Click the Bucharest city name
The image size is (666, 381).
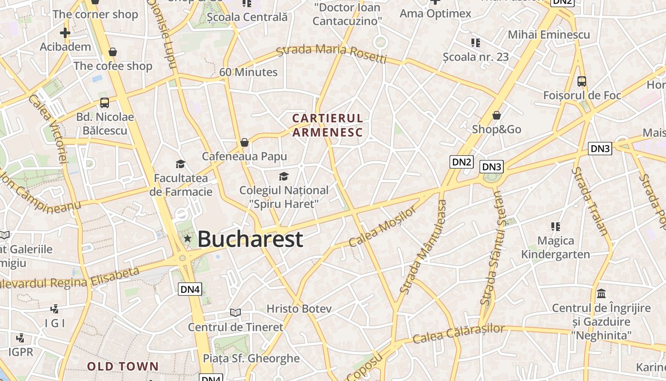click(x=250, y=239)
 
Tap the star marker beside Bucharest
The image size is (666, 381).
click(x=188, y=238)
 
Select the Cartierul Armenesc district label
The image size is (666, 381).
click(x=327, y=125)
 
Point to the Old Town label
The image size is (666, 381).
click(x=123, y=366)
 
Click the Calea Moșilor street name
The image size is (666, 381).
click(x=382, y=227)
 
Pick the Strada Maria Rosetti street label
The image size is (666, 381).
click(x=332, y=52)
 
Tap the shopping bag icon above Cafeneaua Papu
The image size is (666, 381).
click(x=245, y=142)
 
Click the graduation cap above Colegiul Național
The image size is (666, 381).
click(x=284, y=177)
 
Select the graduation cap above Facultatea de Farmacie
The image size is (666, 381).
click(x=180, y=164)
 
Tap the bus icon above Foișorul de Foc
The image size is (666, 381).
click(x=581, y=81)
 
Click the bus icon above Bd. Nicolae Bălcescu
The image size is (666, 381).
click(x=105, y=103)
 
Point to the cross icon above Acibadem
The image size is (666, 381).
click(x=65, y=33)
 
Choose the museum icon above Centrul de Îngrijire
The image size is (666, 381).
click(x=601, y=293)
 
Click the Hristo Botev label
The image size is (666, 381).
click(x=299, y=309)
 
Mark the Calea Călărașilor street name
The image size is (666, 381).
click(x=458, y=333)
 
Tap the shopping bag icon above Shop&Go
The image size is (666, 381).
click(x=497, y=115)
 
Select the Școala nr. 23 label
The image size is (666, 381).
click(x=476, y=57)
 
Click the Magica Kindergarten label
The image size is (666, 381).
click(x=555, y=248)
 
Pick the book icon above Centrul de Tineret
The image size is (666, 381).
click(x=235, y=312)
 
